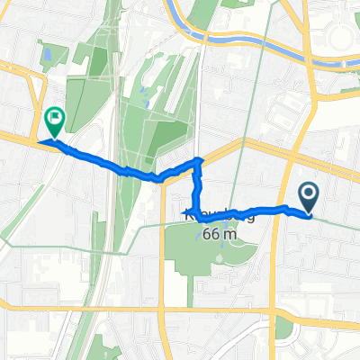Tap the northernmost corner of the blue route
[199, 159]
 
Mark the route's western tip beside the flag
[40, 142]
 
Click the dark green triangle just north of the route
[171, 144]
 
